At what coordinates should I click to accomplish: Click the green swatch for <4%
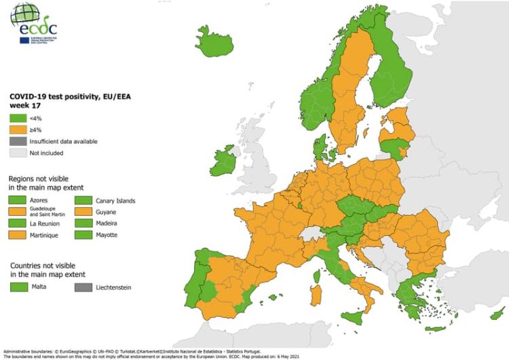[x=17, y=118]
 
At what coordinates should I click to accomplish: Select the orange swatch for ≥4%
[x=17, y=130]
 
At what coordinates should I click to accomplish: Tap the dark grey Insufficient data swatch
[x=17, y=141]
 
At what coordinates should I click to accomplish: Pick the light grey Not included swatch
[x=17, y=153]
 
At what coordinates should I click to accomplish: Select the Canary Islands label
[x=115, y=201]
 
